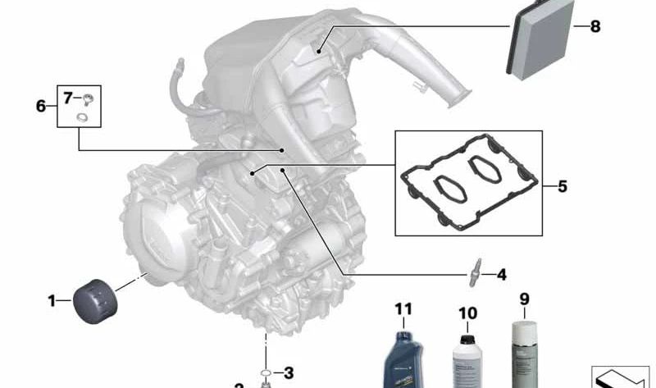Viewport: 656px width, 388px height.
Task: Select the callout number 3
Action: point(289,373)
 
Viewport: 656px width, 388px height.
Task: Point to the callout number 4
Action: point(500,275)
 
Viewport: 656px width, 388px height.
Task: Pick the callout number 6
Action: point(41,106)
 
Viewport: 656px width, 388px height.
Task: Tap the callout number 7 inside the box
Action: point(68,98)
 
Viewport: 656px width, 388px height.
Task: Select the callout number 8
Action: point(594,27)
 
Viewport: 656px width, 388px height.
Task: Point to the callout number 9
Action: point(524,298)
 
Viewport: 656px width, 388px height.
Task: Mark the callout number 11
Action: point(403,309)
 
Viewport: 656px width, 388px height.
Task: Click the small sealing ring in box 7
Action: point(82,118)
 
